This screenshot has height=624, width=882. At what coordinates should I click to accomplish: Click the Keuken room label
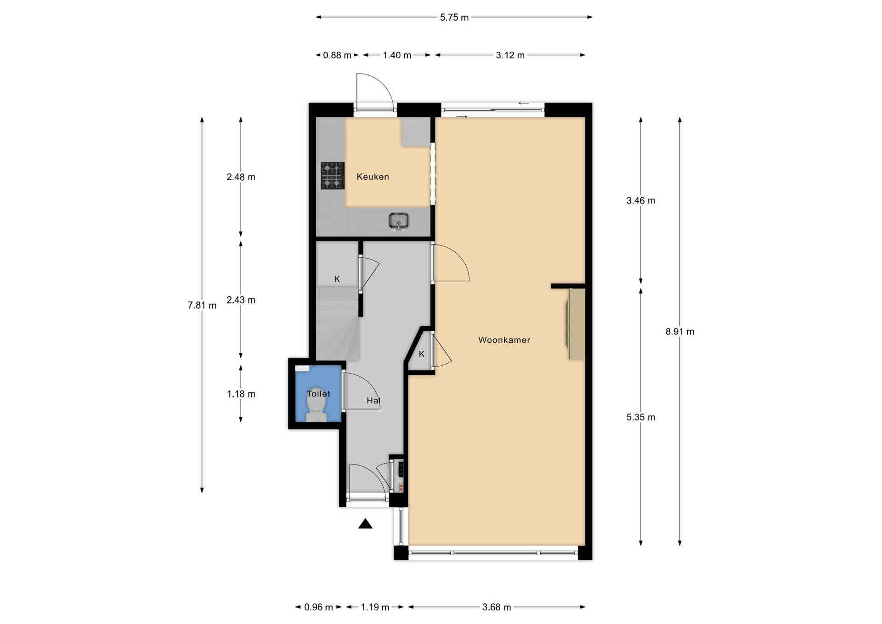pyautogui.click(x=373, y=176)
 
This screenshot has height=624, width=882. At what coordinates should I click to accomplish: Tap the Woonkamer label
pyautogui.click(x=504, y=340)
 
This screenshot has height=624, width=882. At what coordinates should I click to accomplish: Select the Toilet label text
pyautogui.click(x=318, y=394)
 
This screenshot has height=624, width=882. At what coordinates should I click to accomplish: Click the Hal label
pyautogui.click(x=373, y=401)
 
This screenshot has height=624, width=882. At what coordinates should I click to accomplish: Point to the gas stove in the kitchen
pyautogui.click(x=333, y=176)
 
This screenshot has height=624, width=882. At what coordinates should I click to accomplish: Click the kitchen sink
pyautogui.click(x=399, y=221)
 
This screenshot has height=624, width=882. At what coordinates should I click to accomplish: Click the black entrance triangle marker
pyautogui.click(x=365, y=523)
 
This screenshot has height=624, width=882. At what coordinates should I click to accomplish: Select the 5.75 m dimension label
pyautogui.click(x=454, y=17)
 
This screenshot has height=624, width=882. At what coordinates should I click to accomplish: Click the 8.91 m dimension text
pyautogui.click(x=680, y=332)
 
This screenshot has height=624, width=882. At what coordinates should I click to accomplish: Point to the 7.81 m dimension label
pyautogui.click(x=202, y=306)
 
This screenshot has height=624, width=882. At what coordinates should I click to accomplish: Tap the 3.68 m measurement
pyautogui.click(x=497, y=607)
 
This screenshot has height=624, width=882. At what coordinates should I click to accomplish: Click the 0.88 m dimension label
pyautogui.click(x=337, y=56)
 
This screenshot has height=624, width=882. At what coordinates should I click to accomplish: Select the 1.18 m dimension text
pyautogui.click(x=241, y=394)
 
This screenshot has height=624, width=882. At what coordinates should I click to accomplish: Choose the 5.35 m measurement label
pyautogui.click(x=641, y=418)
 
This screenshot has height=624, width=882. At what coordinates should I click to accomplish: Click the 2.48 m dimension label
pyautogui.click(x=241, y=177)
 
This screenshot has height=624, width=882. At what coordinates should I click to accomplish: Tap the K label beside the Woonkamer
pyautogui.click(x=422, y=354)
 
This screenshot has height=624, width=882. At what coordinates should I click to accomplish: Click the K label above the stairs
pyautogui.click(x=337, y=279)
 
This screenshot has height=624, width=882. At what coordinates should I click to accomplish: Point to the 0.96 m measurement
pyautogui.click(x=318, y=607)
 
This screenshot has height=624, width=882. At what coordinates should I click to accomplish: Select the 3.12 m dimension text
pyautogui.click(x=510, y=56)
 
